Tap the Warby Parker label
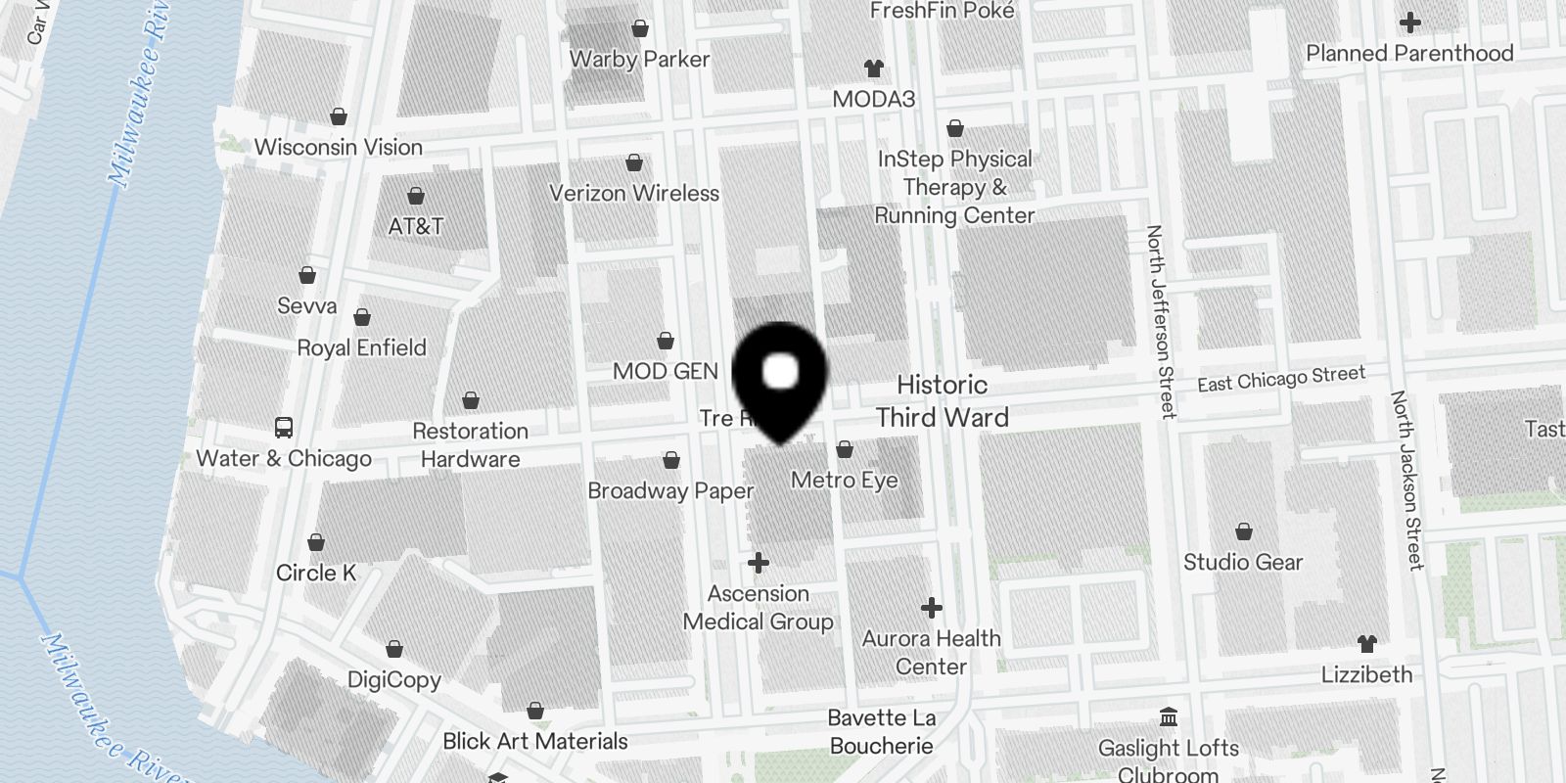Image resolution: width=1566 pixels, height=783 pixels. [x=639, y=59]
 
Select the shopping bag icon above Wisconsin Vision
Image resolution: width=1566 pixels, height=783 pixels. [x=339, y=117]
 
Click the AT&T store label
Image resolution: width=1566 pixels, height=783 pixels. [x=416, y=226]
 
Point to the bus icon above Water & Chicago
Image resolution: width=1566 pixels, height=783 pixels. [x=283, y=428]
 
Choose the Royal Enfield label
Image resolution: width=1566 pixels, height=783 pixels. [x=361, y=347]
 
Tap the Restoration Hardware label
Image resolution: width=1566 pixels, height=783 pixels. [x=471, y=445]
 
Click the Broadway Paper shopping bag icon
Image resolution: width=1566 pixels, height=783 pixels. [x=671, y=460]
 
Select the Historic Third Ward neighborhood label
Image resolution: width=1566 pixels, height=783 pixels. [x=942, y=401]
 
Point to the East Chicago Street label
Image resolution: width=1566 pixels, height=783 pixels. [x=1281, y=379]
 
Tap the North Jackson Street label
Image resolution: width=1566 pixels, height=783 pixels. [x=1406, y=480]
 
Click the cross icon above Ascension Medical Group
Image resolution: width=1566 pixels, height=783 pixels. [x=759, y=563]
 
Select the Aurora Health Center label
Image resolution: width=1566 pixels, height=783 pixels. [x=931, y=653]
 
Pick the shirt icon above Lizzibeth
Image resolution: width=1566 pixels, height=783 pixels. [x=1367, y=644]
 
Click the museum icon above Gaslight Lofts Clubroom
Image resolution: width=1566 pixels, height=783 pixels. [x=1168, y=717]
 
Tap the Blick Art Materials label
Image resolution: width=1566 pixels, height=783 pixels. [x=535, y=741]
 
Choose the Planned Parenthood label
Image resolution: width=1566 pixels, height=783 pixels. [x=1409, y=53]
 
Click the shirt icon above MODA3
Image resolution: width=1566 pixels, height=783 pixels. [x=874, y=69]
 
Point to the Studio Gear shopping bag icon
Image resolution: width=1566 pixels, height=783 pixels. [x=1243, y=532]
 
